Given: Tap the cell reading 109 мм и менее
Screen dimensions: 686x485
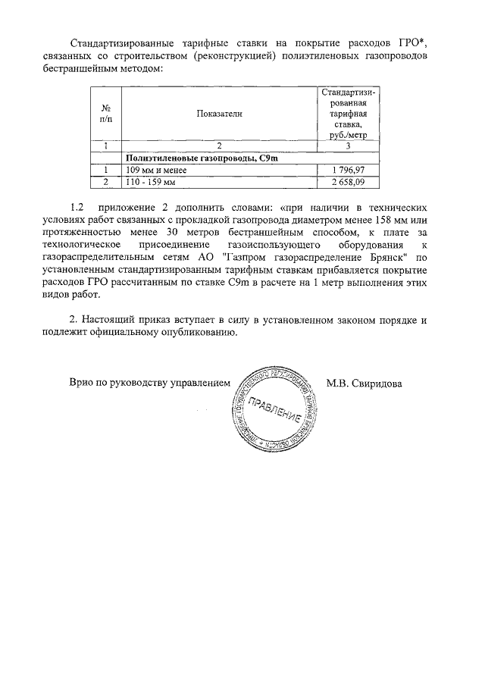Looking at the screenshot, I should [156, 170].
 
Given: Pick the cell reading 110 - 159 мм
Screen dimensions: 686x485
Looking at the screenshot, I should [151, 182].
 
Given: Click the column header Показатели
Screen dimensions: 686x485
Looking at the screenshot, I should [219, 112].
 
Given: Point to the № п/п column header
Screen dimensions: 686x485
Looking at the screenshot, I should [107, 112].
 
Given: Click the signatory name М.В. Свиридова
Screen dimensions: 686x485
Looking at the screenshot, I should [364, 383].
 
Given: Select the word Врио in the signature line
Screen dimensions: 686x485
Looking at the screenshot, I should [81, 384].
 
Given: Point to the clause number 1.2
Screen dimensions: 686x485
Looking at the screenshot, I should [76, 207].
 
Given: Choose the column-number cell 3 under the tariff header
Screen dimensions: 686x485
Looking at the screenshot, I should [347, 146].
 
